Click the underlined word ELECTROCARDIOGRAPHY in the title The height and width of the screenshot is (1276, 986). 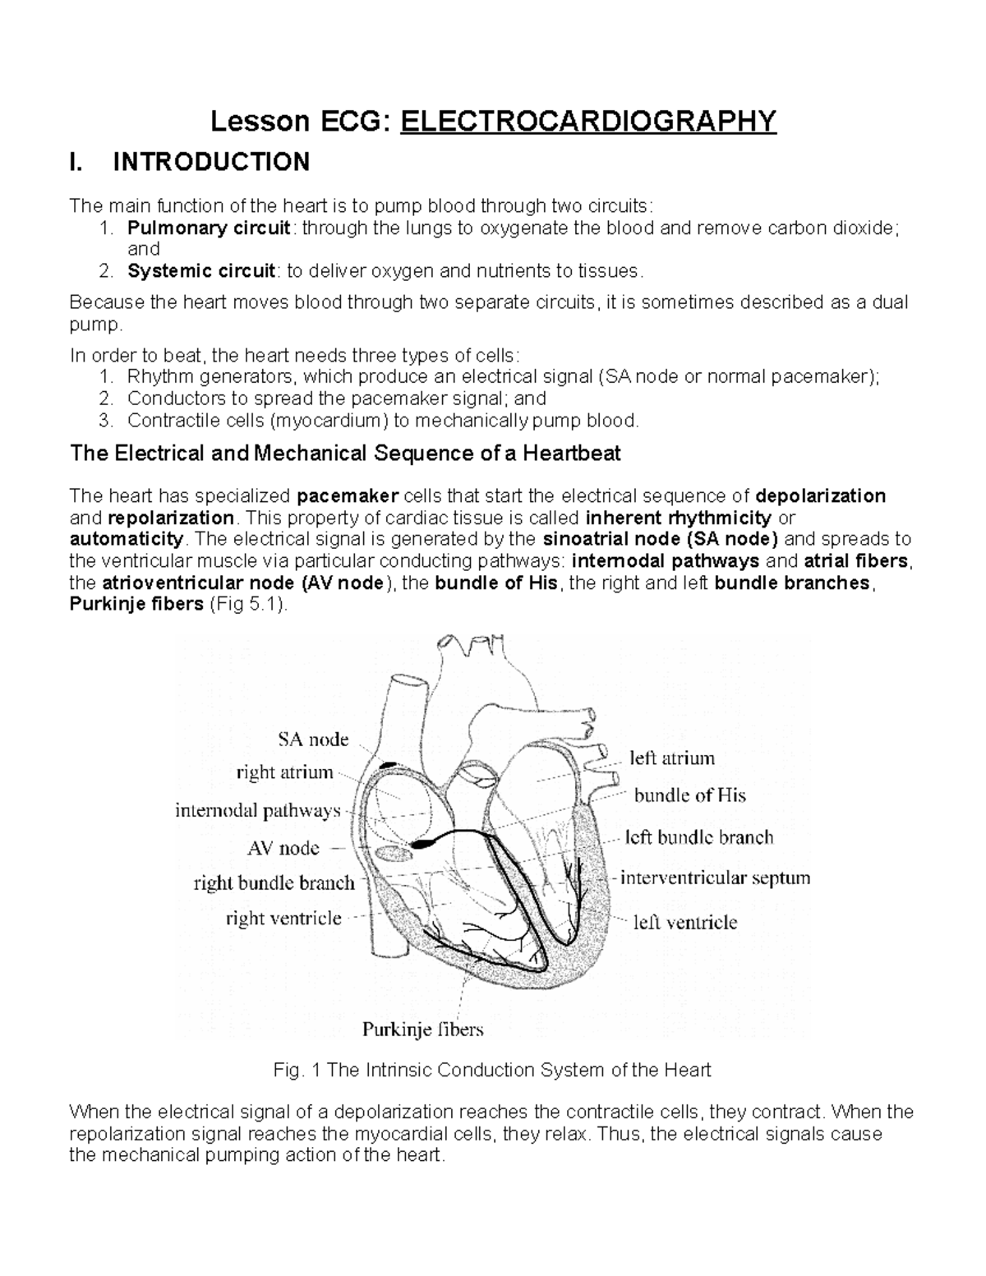[x=587, y=122]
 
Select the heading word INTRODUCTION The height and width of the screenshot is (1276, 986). [x=211, y=162]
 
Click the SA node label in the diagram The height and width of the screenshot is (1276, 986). [x=309, y=739]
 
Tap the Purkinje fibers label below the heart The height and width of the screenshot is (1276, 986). [x=423, y=1029]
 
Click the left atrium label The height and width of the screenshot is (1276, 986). [x=672, y=758]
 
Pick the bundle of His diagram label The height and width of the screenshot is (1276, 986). [x=689, y=795]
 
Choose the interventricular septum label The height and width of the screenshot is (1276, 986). [x=715, y=878]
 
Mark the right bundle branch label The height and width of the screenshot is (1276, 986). [x=274, y=883]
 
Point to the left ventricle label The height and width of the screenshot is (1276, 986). [x=684, y=922]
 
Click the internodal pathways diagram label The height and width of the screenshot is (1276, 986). [x=257, y=811]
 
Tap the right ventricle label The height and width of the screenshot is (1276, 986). [x=283, y=918]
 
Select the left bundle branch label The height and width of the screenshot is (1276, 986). [x=699, y=837]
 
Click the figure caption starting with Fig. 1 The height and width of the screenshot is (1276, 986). [x=492, y=1070]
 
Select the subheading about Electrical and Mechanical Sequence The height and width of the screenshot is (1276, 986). [x=346, y=453]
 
